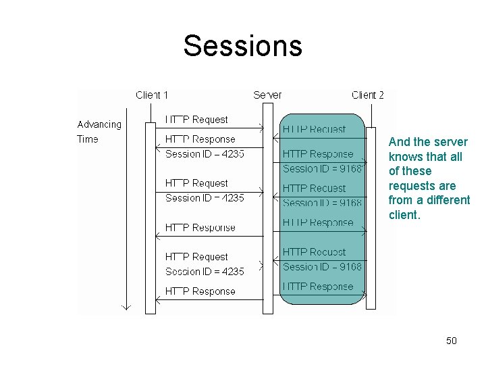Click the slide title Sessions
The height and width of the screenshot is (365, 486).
242,46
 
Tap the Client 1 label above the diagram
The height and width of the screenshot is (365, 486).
152,95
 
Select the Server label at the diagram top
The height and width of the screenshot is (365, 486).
267,95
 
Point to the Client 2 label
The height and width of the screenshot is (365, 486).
368,95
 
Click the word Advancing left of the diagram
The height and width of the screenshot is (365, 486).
100,124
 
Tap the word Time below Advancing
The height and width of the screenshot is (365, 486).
88,139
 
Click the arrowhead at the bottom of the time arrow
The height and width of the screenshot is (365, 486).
125,306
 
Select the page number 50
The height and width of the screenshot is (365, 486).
452,341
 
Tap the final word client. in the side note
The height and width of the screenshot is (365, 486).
404,216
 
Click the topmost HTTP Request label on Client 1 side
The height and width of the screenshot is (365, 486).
196,120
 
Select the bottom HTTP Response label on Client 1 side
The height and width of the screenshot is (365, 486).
200,291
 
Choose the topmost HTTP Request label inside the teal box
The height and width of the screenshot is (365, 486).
314,129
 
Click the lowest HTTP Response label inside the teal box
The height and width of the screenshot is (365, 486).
317,287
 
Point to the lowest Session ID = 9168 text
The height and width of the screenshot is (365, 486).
322,267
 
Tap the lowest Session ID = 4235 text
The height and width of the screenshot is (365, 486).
205,271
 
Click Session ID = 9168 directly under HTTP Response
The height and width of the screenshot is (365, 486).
322,168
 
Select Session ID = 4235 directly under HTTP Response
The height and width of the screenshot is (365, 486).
205,154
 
